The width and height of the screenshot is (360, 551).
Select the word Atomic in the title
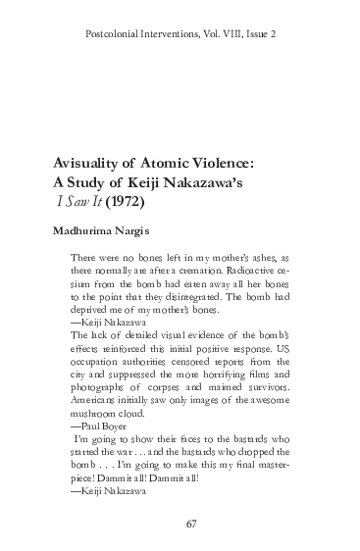point(174,164)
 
